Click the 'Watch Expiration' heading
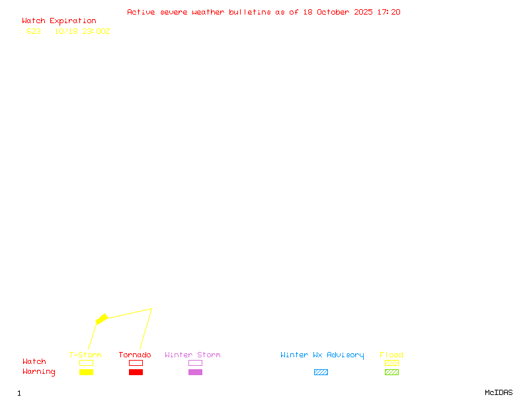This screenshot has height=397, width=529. click(59, 21)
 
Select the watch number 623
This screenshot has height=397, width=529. click(34, 31)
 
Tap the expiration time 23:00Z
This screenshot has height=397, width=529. click(96, 31)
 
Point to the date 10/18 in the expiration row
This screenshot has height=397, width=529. click(65, 31)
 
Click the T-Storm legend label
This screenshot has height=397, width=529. click(85, 355)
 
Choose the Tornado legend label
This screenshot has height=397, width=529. click(135, 355)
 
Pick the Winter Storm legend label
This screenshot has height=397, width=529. click(192, 355)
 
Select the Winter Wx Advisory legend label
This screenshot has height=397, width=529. click(322, 355)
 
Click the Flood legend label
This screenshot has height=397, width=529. click(391, 355)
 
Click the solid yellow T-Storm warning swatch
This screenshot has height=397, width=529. click(86, 373)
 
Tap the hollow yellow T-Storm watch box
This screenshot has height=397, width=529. click(86, 363)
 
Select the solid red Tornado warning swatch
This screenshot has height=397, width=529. click(136, 373)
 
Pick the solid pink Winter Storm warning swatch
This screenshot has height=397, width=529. click(195, 373)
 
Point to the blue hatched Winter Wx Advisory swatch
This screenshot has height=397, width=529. click(321, 373)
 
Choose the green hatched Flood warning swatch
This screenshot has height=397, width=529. click(391, 373)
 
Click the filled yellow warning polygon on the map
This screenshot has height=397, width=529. click(101, 319)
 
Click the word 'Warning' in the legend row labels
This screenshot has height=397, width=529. click(39, 372)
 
